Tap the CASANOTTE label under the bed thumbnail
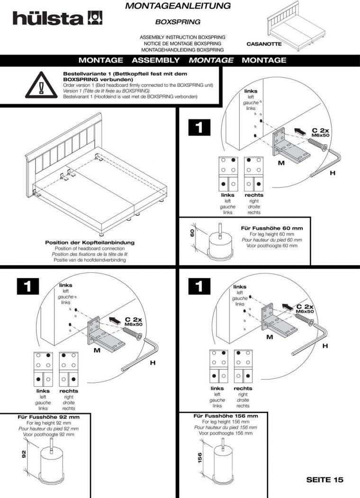[264, 44]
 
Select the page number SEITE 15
[324, 480]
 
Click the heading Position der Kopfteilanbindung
[90, 243]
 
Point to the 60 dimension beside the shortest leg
[192, 233]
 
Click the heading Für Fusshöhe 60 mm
[271, 228]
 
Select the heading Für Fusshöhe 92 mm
[49, 417]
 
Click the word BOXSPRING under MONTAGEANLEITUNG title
[178, 22]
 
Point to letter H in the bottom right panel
[325, 346]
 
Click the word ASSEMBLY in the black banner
[155, 60]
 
